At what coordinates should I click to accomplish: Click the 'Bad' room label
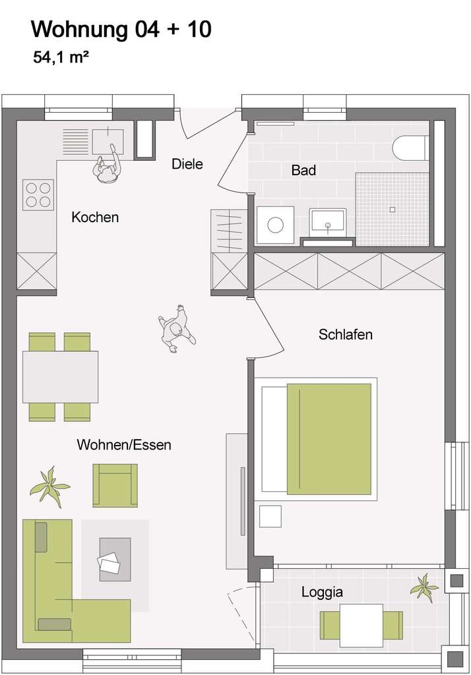(303, 170)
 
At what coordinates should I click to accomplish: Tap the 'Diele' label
(187, 163)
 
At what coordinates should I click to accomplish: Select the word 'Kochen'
(95, 217)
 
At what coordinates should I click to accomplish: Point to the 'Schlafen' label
(345, 334)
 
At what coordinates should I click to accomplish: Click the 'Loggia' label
(322, 591)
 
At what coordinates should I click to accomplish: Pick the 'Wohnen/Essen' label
(124, 444)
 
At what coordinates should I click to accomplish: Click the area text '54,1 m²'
(61, 57)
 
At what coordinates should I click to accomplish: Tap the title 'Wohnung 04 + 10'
(121, 30)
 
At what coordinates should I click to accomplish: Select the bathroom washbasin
(328, 222)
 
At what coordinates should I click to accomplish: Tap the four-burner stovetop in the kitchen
(38, 194)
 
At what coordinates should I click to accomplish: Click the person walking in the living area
(175, 329)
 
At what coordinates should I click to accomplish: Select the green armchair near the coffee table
(115, 484)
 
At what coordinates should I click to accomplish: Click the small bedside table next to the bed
(270, 515)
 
